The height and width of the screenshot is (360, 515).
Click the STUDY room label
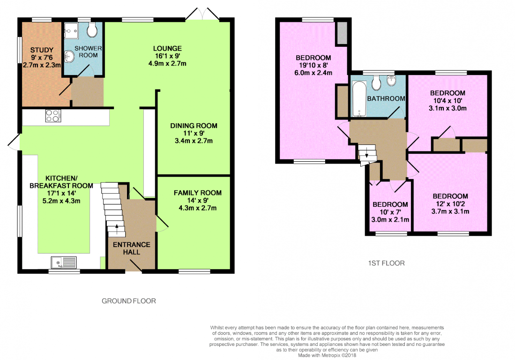click(42, 50)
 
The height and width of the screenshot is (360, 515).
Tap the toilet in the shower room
click(92, 30)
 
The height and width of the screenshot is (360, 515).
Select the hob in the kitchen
click(52, 116)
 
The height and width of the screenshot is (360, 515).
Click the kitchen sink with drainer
click(64, 263)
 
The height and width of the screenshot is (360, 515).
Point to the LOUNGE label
click(167, 48)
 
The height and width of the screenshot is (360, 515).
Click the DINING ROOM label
click(194, 126)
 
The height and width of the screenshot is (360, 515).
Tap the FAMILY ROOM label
click(197, 193)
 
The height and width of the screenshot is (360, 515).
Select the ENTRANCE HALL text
click(131, 248)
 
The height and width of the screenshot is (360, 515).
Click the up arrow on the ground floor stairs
click(117, 229)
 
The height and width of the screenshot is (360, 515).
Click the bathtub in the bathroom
click(359, 98)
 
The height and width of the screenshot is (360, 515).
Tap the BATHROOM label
click(386, 98)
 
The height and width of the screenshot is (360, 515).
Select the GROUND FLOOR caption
click(129, 301)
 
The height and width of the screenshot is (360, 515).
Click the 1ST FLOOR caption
click(386, 263)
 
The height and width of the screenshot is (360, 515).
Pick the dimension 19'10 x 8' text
click(313, 65)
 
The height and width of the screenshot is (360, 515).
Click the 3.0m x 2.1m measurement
click(390, 219)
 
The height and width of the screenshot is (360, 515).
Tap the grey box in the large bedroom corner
click(342, 33)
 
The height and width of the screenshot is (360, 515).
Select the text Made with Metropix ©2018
click(327, 355)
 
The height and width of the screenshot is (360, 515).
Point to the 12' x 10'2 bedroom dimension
click(450, 203)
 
